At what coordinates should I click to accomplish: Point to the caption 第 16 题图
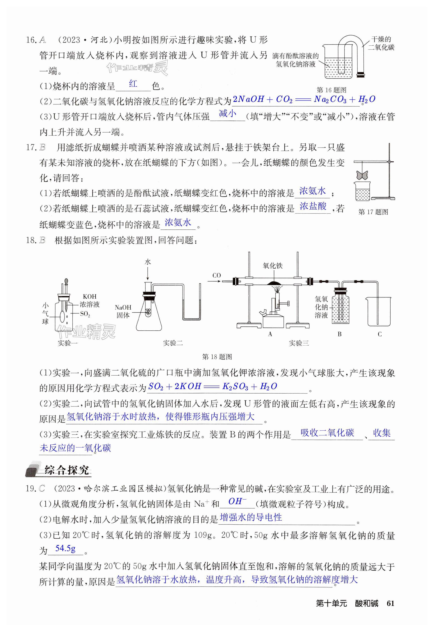point(331,90)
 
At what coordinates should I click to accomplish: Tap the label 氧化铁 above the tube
point(273,265)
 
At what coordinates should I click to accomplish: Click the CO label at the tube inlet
point(217,275)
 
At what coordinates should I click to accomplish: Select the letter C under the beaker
point(380,334)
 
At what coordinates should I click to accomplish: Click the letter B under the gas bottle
point(339,334)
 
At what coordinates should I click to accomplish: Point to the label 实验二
point(173,343)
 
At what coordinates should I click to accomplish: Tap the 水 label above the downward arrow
point(148,262)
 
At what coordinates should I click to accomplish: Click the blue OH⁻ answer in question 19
point(237,501)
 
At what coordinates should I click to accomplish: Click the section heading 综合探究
point(67,470)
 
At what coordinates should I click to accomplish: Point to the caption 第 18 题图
point(217,357)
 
